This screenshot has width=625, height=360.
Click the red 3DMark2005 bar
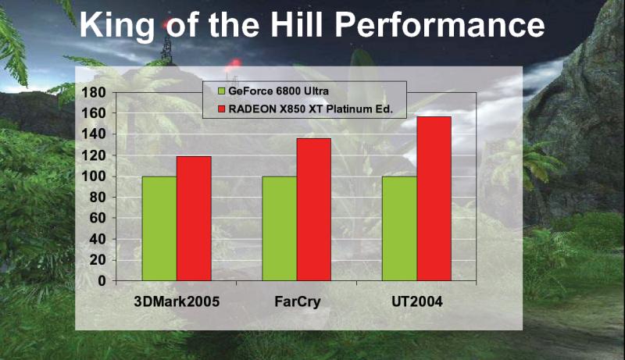194,219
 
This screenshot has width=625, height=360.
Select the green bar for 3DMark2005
159,229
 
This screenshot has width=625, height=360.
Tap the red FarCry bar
314,209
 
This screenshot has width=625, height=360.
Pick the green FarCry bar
280,229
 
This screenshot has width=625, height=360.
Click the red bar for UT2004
434,198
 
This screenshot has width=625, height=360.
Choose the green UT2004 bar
400,229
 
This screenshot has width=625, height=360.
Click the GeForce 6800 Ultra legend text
279,91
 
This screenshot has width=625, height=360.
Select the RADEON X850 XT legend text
310,109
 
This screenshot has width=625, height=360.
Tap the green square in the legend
221,91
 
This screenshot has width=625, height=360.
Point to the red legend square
221,109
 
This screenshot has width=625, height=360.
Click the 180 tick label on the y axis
94,93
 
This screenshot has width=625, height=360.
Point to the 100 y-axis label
94,176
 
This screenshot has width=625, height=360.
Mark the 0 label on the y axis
102,281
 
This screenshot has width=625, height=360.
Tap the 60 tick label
98,218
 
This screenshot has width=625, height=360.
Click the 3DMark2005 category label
177,301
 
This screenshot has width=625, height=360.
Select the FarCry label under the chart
298,302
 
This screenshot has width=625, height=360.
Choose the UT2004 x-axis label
417,301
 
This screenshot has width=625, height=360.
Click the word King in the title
117,26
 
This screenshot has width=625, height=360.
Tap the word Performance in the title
440,25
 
